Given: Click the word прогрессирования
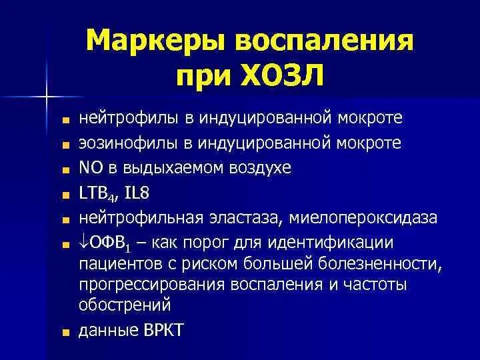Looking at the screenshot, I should (x=151, y=285).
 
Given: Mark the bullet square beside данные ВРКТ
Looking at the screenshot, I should (x=65, y=331).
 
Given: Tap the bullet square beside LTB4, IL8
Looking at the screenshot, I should (x=65, y=194).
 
